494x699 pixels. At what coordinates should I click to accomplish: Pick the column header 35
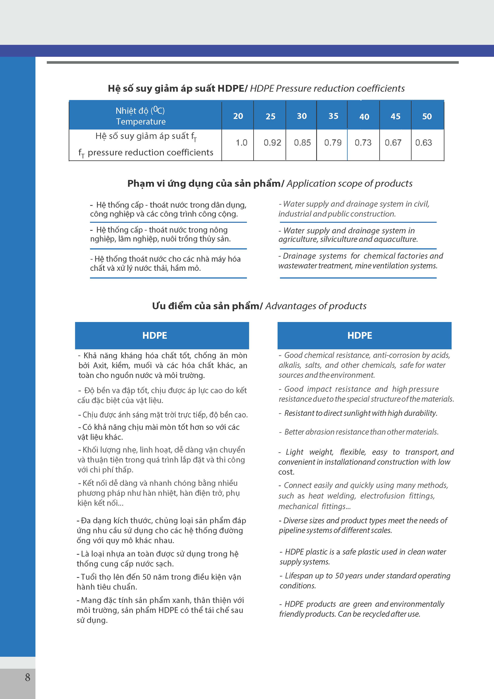coord(333,116)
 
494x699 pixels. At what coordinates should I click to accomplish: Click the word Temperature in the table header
coord(141,122)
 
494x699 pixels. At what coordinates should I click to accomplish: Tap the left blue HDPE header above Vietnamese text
coord(155,336)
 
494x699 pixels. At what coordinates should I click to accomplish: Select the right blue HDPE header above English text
coord(360,336)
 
